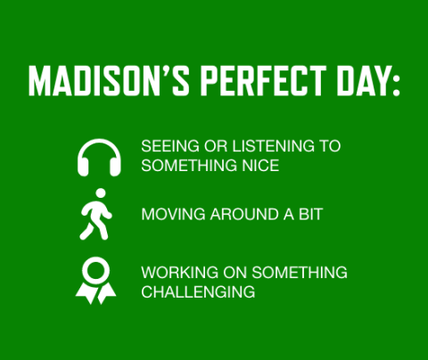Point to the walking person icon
[95, 214]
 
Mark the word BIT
[309, 215]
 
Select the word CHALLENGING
[198, 291]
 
